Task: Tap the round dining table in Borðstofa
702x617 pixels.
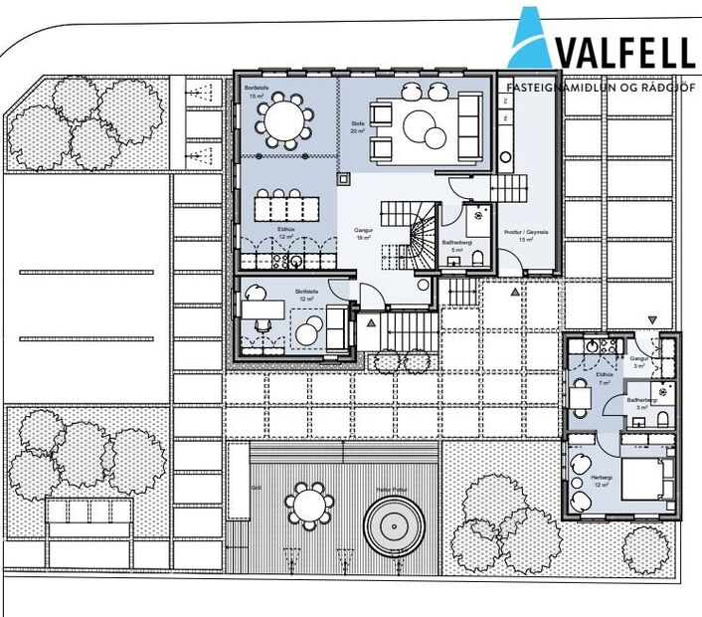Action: [x=282, y=120]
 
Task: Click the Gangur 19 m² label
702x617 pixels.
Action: [x=364, y=235]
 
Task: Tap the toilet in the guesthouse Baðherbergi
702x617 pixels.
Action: [x=663, y=421]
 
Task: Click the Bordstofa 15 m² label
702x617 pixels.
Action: [x=257, y=92]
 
